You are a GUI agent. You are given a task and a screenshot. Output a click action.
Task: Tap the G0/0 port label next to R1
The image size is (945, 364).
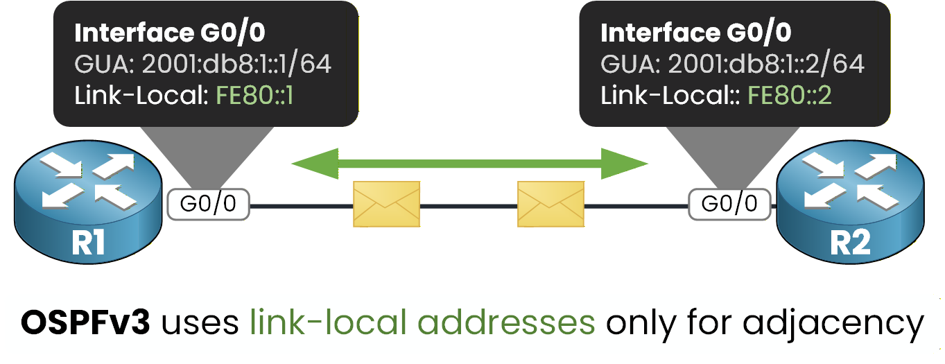click(209, 205)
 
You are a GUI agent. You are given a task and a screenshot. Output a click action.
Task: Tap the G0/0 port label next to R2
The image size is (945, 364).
click(729, 205)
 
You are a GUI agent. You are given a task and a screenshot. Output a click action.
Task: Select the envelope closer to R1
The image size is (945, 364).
click(386, 205)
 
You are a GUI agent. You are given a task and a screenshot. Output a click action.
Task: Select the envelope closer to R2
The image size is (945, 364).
click(551, 205)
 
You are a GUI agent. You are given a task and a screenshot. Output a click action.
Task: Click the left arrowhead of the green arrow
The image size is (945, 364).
click(312, 164)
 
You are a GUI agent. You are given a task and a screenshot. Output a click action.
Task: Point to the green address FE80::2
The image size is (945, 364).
click(789, 96)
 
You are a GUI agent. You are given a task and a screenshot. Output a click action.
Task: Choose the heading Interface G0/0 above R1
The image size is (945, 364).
click(169, 33)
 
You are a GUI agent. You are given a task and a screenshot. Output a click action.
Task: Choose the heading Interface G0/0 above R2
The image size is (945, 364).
click(695, 33)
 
